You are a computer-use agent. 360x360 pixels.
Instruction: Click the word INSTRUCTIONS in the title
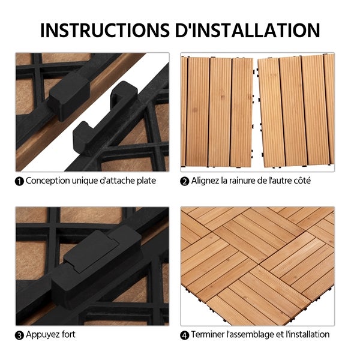105,30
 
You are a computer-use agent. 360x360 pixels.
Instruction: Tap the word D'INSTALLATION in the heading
247,30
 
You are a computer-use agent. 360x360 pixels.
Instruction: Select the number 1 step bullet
19,181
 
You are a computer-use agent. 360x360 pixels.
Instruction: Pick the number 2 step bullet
185,181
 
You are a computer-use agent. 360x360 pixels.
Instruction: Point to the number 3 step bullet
19,335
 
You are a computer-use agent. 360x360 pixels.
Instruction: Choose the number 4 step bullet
185,335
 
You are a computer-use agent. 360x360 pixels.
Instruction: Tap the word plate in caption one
146,181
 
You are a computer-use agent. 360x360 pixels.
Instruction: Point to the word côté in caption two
302,181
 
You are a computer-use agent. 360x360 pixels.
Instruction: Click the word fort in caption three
68,334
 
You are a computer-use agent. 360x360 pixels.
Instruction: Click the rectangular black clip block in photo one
68,96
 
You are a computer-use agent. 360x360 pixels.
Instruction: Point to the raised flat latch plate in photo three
91,251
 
